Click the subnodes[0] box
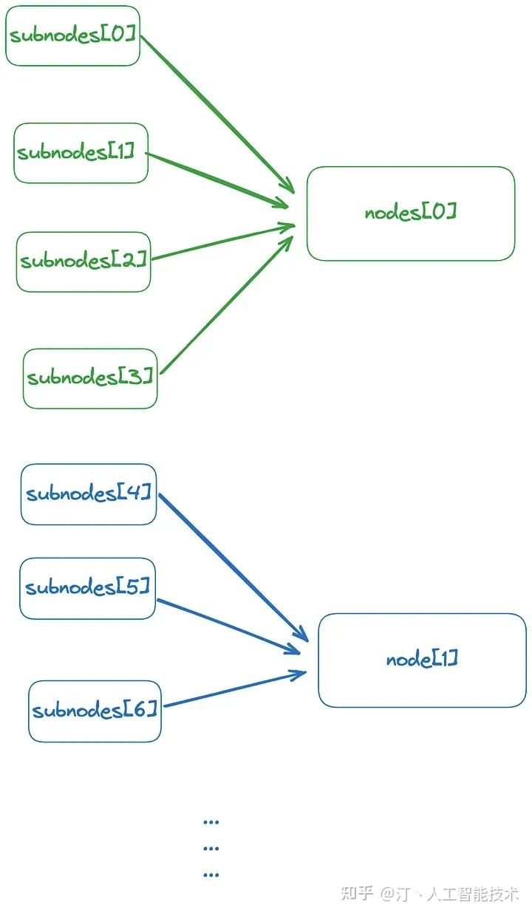coord(72,35)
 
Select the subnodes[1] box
coord(81,153)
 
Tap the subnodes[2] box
coord(83,262)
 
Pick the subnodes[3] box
coord(90,378)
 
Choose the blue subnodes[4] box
coord(89,494)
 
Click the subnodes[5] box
coord(87,588)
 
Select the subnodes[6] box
coord(95,711)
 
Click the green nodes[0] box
coord(411,213)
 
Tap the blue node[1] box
coord(422,660)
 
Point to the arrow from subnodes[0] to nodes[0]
coord(214,111)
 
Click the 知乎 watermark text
coord(357,894)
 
